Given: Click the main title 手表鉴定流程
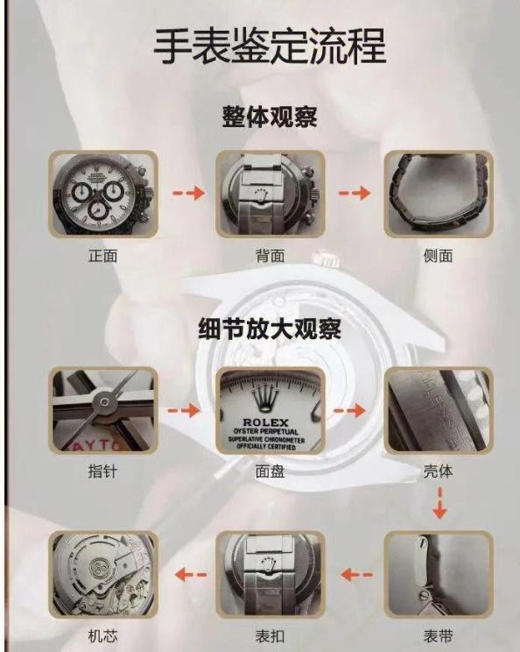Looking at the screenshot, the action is tap(270, 46).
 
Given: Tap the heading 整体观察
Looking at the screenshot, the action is tap(270, 117).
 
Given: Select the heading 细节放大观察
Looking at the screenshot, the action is tap(270, 329).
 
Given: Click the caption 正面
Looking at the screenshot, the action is tap(102, 255).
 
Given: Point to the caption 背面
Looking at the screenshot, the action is tap(270, 255).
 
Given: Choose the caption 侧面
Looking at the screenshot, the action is tap(438, 255).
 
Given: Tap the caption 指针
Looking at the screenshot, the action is tap(102, 471).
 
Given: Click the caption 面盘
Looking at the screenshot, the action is tap(270, 471).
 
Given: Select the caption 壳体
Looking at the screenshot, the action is tap(438, 471).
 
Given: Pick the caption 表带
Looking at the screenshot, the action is tap(438, 636).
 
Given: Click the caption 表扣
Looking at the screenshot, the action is tap(270, 636).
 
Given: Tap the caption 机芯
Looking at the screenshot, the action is tap(102, 636).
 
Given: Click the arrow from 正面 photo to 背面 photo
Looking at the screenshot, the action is tap(188, 193).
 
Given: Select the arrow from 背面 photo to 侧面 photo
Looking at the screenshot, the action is tap(355, 193).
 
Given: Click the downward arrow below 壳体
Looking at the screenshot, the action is tap(439, 504).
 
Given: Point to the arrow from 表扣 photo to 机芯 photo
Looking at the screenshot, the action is tap(191, 575).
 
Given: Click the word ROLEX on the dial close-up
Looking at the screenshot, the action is tap(266, 422).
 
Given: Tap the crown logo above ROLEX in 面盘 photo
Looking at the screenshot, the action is tap(266, 399).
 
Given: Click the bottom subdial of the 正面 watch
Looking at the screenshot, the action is tap(98, 211).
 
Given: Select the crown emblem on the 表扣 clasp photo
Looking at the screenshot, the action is tap(268, 563).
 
